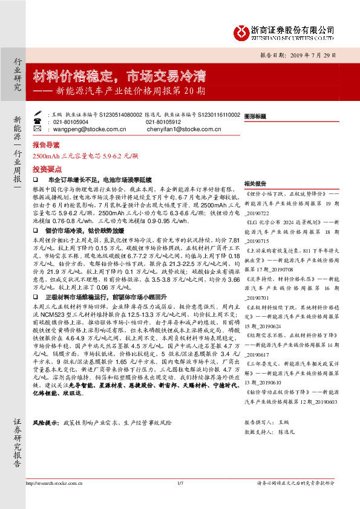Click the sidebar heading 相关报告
point(255,183)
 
